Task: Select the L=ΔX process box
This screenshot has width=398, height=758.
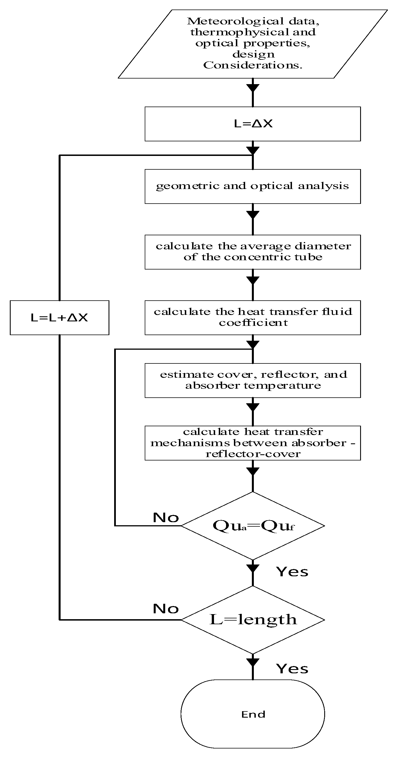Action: click(253, 124)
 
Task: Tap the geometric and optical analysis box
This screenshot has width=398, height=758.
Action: click(253, 186)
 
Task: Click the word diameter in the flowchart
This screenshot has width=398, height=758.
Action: click(323, 246)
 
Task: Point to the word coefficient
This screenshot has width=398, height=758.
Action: click(253, 323)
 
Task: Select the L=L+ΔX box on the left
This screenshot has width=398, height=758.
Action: click(59, 317)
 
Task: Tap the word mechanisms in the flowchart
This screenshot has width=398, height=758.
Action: click(190, 443)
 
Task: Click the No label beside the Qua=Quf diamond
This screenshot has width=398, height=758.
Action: click(166, 518)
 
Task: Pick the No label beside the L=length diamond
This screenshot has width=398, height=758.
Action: click(166, 609)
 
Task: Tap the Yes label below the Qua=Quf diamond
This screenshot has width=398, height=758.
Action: click(292, 572)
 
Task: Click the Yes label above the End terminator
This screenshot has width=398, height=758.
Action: click(292, 669)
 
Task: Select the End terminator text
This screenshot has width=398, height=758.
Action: click(253, 714)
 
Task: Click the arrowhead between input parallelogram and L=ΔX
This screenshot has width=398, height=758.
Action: click(253, 88)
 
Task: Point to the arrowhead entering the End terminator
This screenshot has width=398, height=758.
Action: click(253, 662)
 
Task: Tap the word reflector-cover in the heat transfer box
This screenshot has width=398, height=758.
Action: click(253, 454)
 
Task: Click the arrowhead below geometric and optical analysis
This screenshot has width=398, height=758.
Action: click(253, 215)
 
